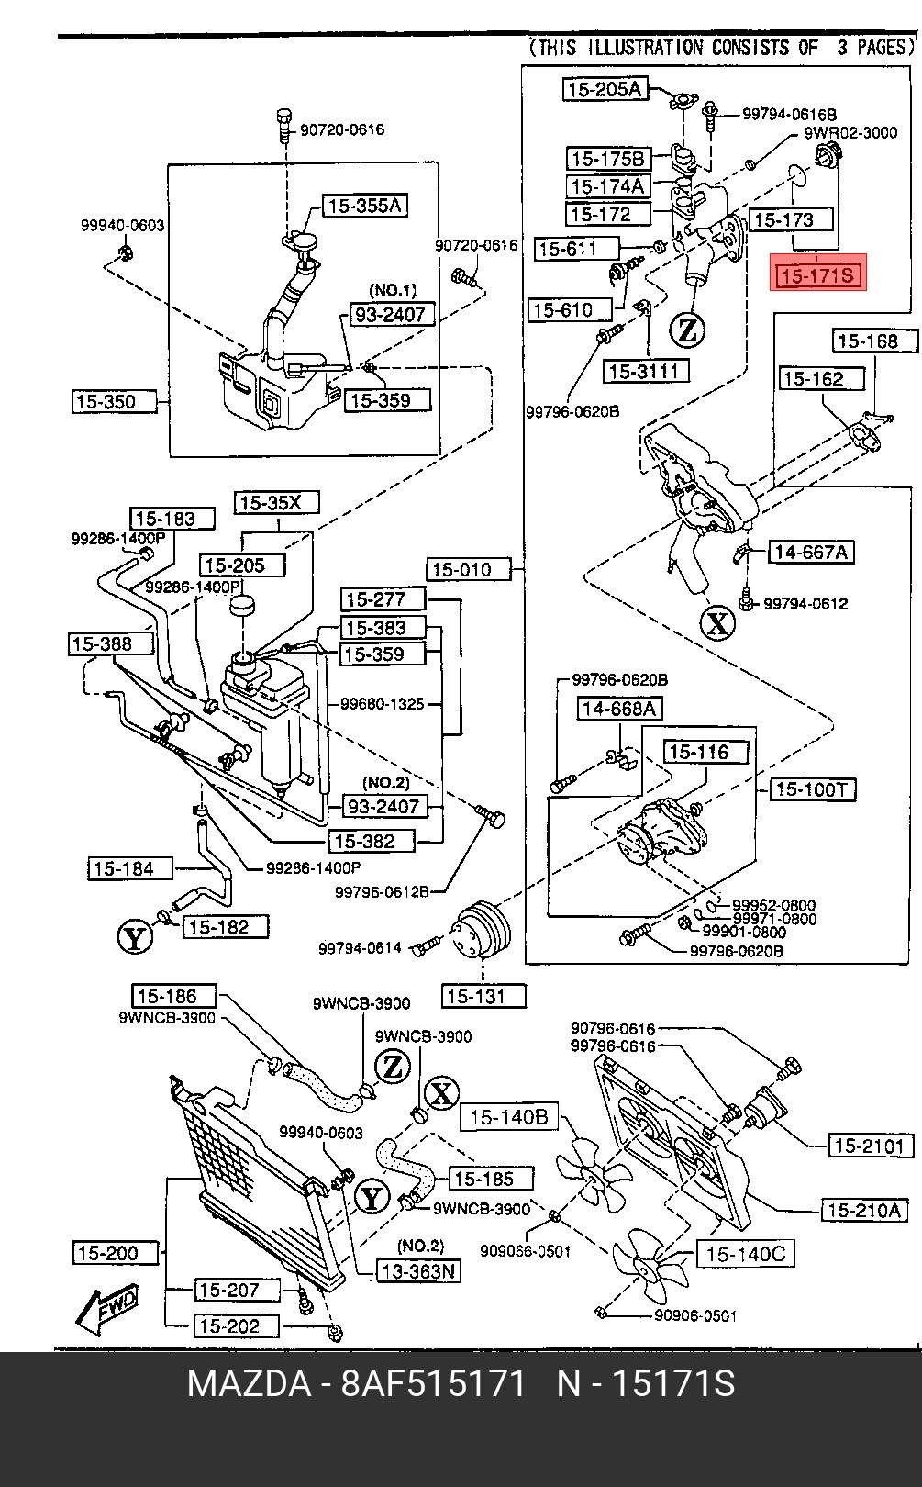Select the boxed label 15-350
114,402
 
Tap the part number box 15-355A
365,206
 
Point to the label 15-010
469,569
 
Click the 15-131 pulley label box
483,996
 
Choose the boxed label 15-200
116,1253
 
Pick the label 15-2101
869,1146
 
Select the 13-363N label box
418,1271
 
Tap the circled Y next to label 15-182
135,937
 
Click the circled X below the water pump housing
717,622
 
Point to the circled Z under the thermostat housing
687,330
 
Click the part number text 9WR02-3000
850,133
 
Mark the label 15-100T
813,789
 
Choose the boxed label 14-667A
811,552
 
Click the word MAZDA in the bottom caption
250,1383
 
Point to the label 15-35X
277,502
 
